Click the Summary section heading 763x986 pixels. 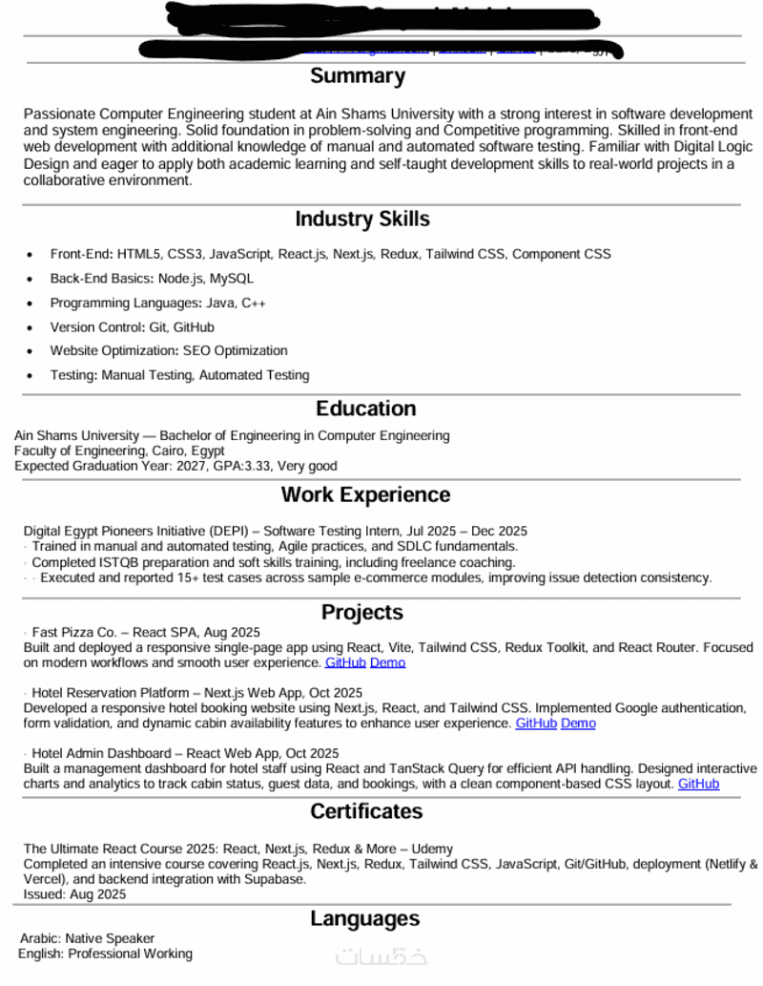(x=358, y=76)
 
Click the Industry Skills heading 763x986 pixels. (x=361, y=220)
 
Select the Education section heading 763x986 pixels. (x=366, y=409)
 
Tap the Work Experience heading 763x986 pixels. (x=365, y=494)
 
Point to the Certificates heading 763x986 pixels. (x=365, y=811)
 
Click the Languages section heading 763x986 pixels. (x=364, y=919)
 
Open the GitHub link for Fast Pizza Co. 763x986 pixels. (x=345, y=662)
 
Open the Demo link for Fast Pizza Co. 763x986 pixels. (x=387, y=662)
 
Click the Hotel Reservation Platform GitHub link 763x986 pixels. (x=536, y=724)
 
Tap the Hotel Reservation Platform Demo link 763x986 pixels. (x=578, y=724)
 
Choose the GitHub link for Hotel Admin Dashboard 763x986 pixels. (x=698, y=784)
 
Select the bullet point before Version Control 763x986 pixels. (x=30, y=327)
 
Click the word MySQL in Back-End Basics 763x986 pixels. (x=232, y=279)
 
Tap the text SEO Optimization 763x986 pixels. (x=236, y=351)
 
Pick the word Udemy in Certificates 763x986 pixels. (x=433, y=849)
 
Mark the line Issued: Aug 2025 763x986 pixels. (x=74, y=894)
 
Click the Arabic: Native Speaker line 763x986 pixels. (x=87, y=938)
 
